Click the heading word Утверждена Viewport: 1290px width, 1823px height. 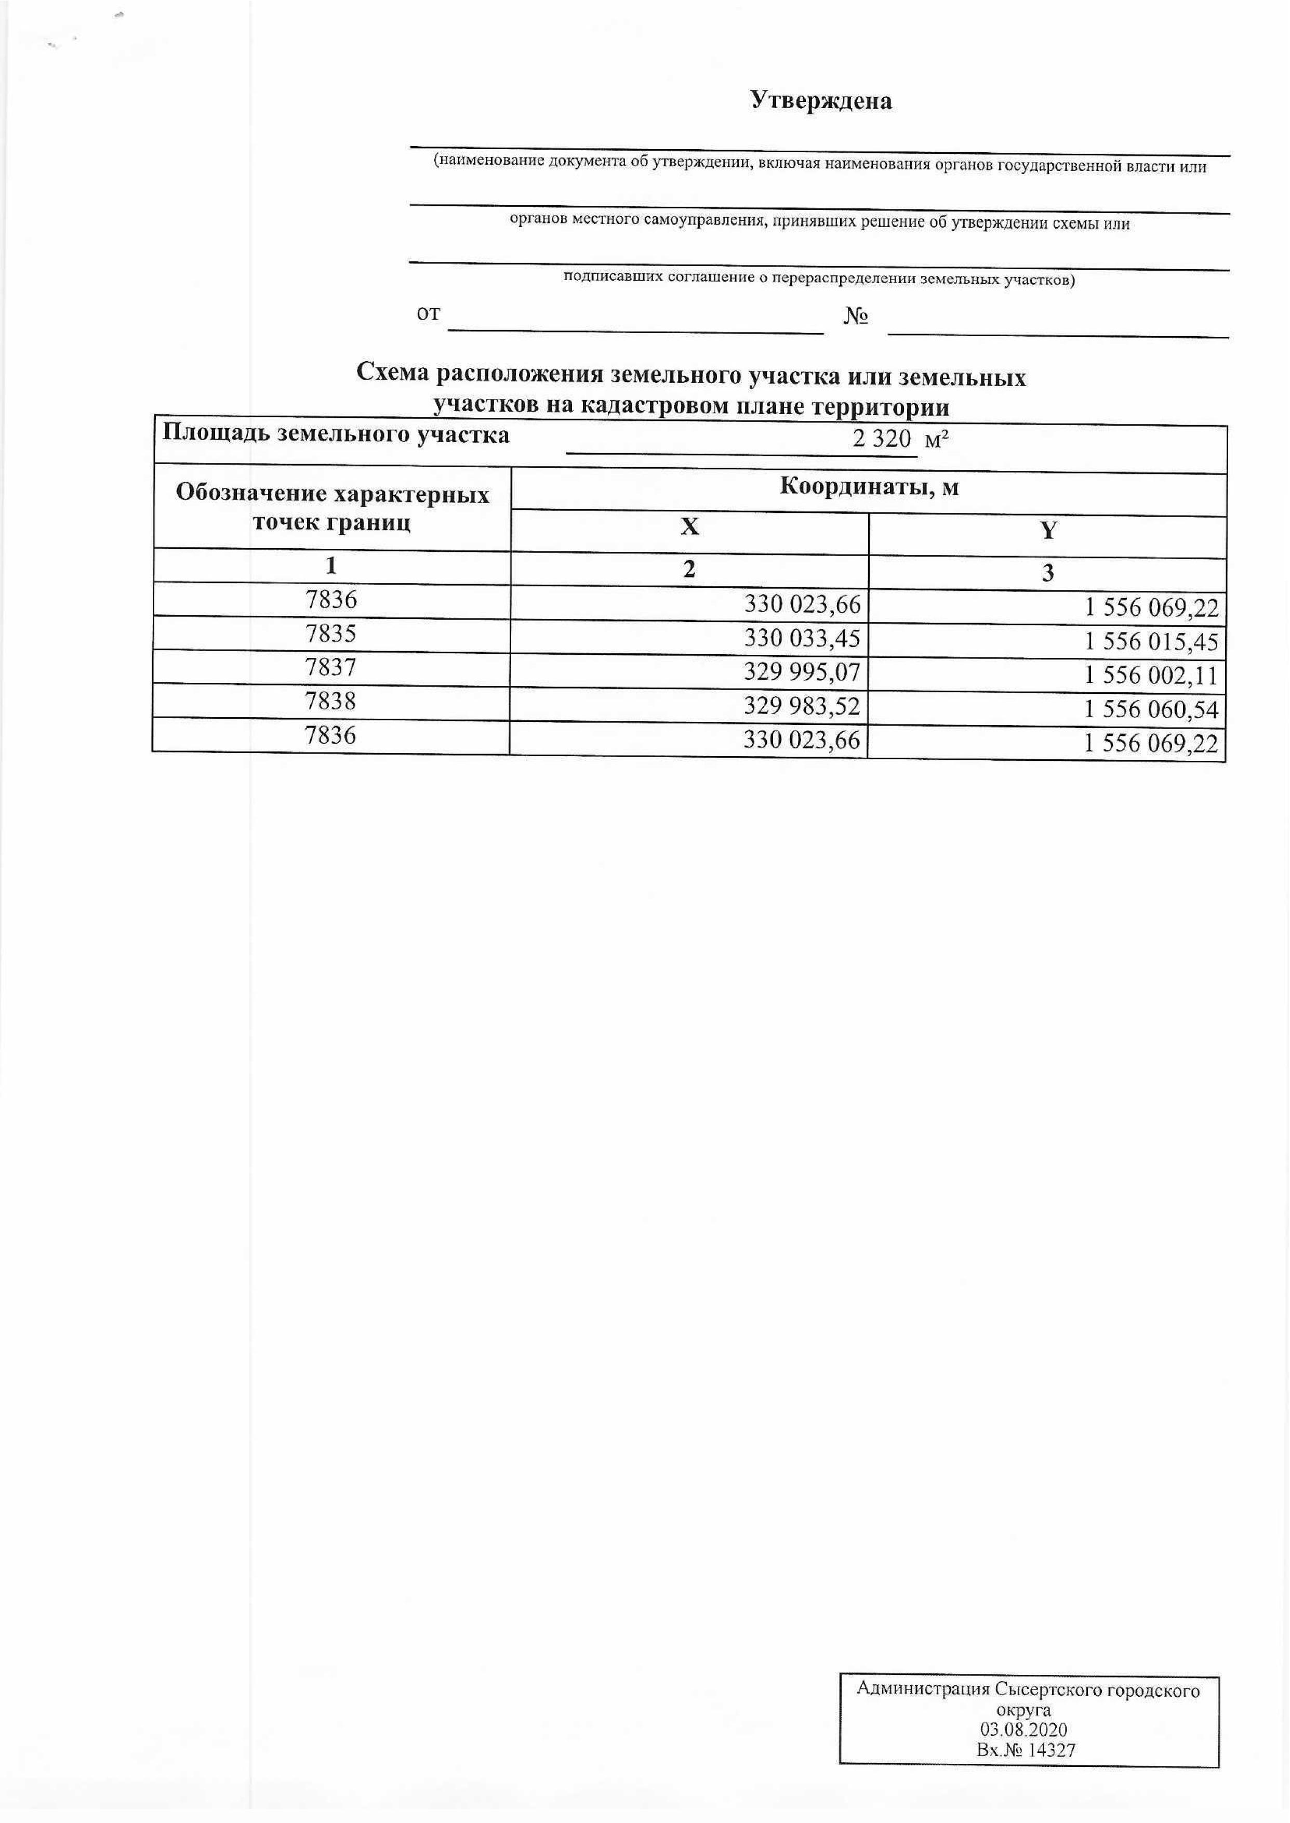(821, 101)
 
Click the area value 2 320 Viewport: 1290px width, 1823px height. (881, 439)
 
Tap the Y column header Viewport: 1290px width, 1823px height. (1048, 531)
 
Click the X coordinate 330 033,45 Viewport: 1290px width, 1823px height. (802, 639)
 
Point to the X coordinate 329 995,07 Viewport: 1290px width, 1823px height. (802, 673)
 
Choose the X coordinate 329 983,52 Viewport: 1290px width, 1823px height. (802, 706)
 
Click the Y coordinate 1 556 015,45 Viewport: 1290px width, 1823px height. (1151, 642)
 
